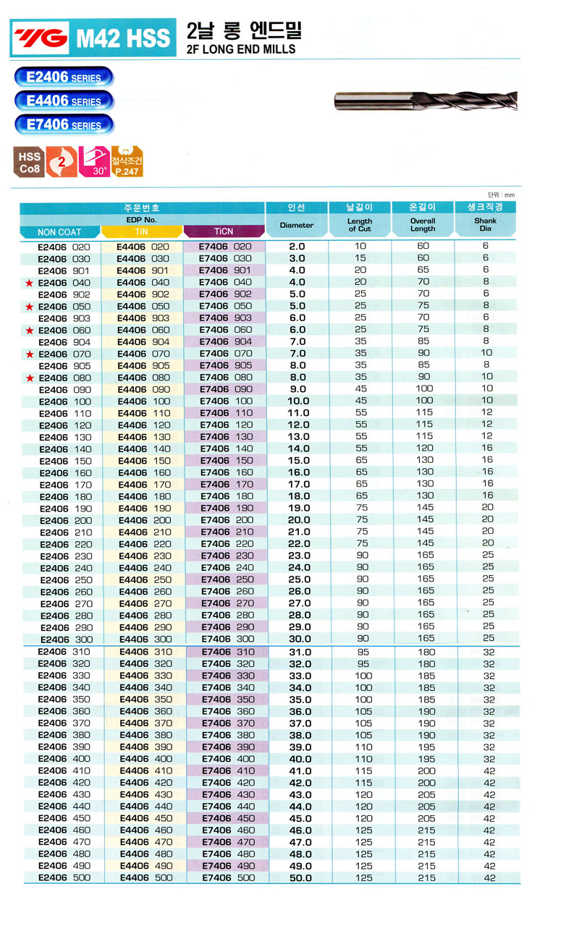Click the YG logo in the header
39,37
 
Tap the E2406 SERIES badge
64,77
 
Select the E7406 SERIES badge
64,124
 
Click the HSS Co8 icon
30,162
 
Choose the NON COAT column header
59,232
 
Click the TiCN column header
224,232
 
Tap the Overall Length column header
423,225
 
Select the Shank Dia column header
486,225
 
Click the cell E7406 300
227,639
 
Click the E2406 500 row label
64,878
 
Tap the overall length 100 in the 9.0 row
424,389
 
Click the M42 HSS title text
123,38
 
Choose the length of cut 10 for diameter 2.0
360,247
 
